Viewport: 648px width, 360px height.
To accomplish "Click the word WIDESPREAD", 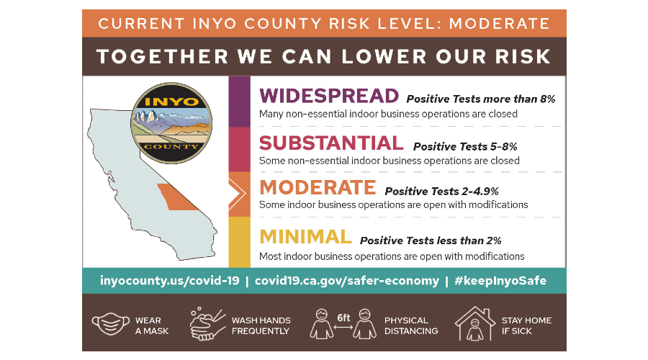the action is (x=329, y=96).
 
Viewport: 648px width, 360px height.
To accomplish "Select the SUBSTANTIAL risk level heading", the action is (x=331, y=143).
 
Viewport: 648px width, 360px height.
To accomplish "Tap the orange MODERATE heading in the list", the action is (x=318, y=188).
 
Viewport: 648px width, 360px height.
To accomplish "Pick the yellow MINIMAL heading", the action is (x=305, y=238).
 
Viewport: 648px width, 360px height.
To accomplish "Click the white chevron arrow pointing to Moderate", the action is (x=237, y=194).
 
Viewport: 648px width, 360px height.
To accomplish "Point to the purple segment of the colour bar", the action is (x=239, y=102).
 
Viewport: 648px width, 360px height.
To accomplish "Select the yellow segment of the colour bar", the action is (x=239, y=242).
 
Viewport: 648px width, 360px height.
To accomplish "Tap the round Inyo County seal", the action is (x=171, y=123).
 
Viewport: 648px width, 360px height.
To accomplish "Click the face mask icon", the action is (x=110, y=323).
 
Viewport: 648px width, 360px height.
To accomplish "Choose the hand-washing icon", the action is (x=207, y=325).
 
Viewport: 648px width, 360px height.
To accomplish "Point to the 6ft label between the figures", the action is (x=343, y=318).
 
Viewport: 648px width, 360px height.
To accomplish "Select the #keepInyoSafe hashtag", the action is (x=500, y=281).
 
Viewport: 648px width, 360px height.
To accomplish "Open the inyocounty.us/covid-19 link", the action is (x=169, y=281).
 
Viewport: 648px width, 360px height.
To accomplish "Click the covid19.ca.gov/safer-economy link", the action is (x=347, y=281).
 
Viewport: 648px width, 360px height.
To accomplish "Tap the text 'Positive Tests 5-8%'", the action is (x=465, y=147).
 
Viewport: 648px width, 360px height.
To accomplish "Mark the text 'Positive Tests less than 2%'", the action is (x=431, y=240).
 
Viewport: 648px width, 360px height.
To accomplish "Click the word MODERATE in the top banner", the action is (x=499, y=24).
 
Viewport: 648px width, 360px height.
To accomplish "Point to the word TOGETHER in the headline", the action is (x=163, y=57).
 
